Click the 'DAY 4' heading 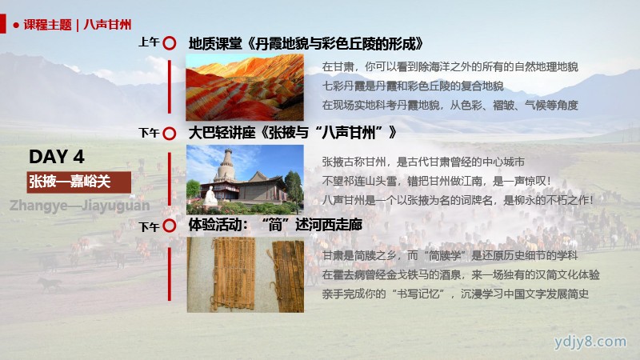[x=57, y=157]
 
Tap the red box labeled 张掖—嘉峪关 [x=79, y=182]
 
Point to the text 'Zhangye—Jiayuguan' [x=79, y=206]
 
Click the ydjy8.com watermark [x=590, y=342]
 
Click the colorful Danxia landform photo [x=245, y=87]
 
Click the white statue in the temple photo [x=210, y=196]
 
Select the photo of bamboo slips [x=246, y=274]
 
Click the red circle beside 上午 [x=170, y=43]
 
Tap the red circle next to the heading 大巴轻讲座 [x=170, y=134]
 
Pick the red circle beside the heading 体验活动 [x=170, y=226]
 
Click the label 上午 [x=149, y=42]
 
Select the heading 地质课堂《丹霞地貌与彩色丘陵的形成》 [x=306, y=44]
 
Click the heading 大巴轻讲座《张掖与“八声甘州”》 [x=292, y=133]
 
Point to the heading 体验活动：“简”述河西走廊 [x=275, y=225]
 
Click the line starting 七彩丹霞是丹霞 [x=413, y=86]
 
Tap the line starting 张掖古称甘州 [x=423, y=162]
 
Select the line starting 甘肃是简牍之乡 [x=450, y=256]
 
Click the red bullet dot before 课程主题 [x=16, y=26]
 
